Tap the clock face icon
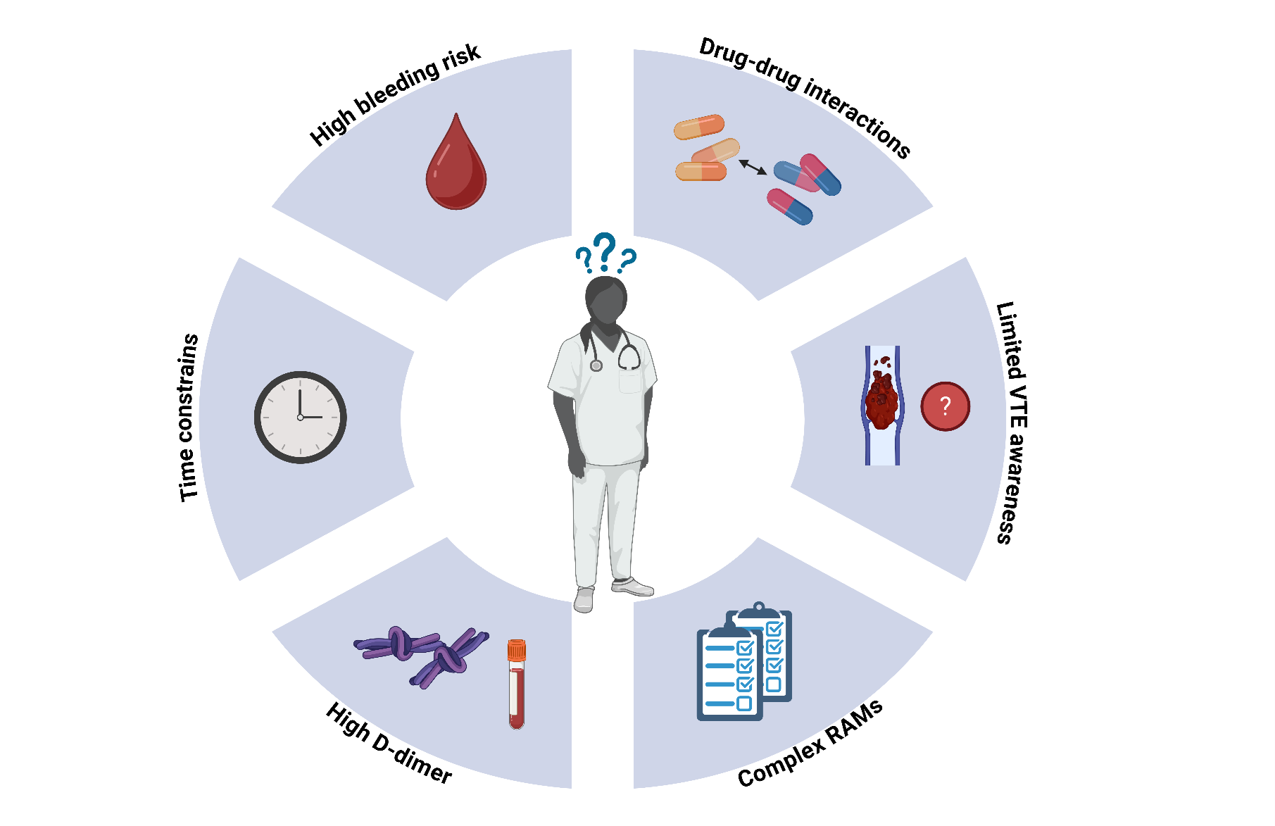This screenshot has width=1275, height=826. pyautogui.click(x=300, y=417)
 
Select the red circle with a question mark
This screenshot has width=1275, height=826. pyautogui.click(x=945, y=406)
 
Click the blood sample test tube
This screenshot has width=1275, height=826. pyautogui.click(x=517, y=687)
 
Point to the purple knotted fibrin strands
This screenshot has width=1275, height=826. pyautogui.click(x=421, y=654)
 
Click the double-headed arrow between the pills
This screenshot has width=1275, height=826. pyautogui.click(x=753, y=167)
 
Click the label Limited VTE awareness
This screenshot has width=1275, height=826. pyautogui.click(x=1012, y=423)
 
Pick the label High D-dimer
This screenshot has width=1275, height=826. pyautogui.click(x=389, y=744)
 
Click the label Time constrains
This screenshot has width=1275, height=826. pyautogui.click(x=189, y=418)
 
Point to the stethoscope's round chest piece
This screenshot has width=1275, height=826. pyautogui.click(x=596, y=365)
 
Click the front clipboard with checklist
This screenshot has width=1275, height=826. pyautogui.click(x=729, y=674)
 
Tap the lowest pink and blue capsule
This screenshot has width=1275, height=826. pyautogui.click(x=789, y=206)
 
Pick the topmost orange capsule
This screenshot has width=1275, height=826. pyautogui.click(x=699, y=127)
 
